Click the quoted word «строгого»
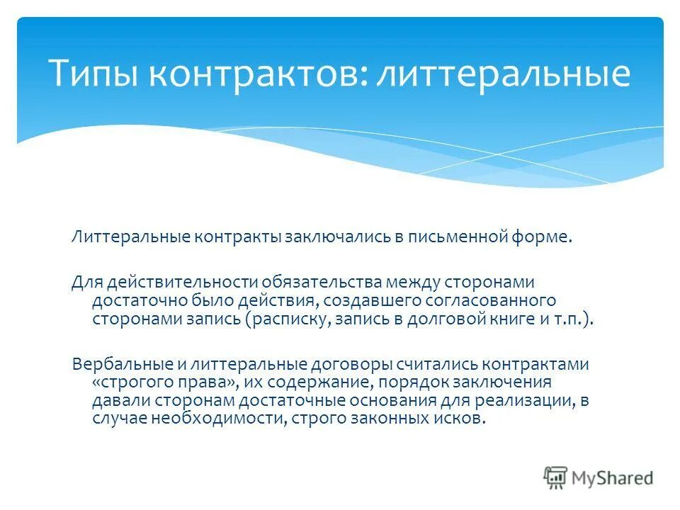coord(129,382)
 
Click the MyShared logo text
coord(613,477)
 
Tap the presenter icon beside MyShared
coord(556,477)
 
